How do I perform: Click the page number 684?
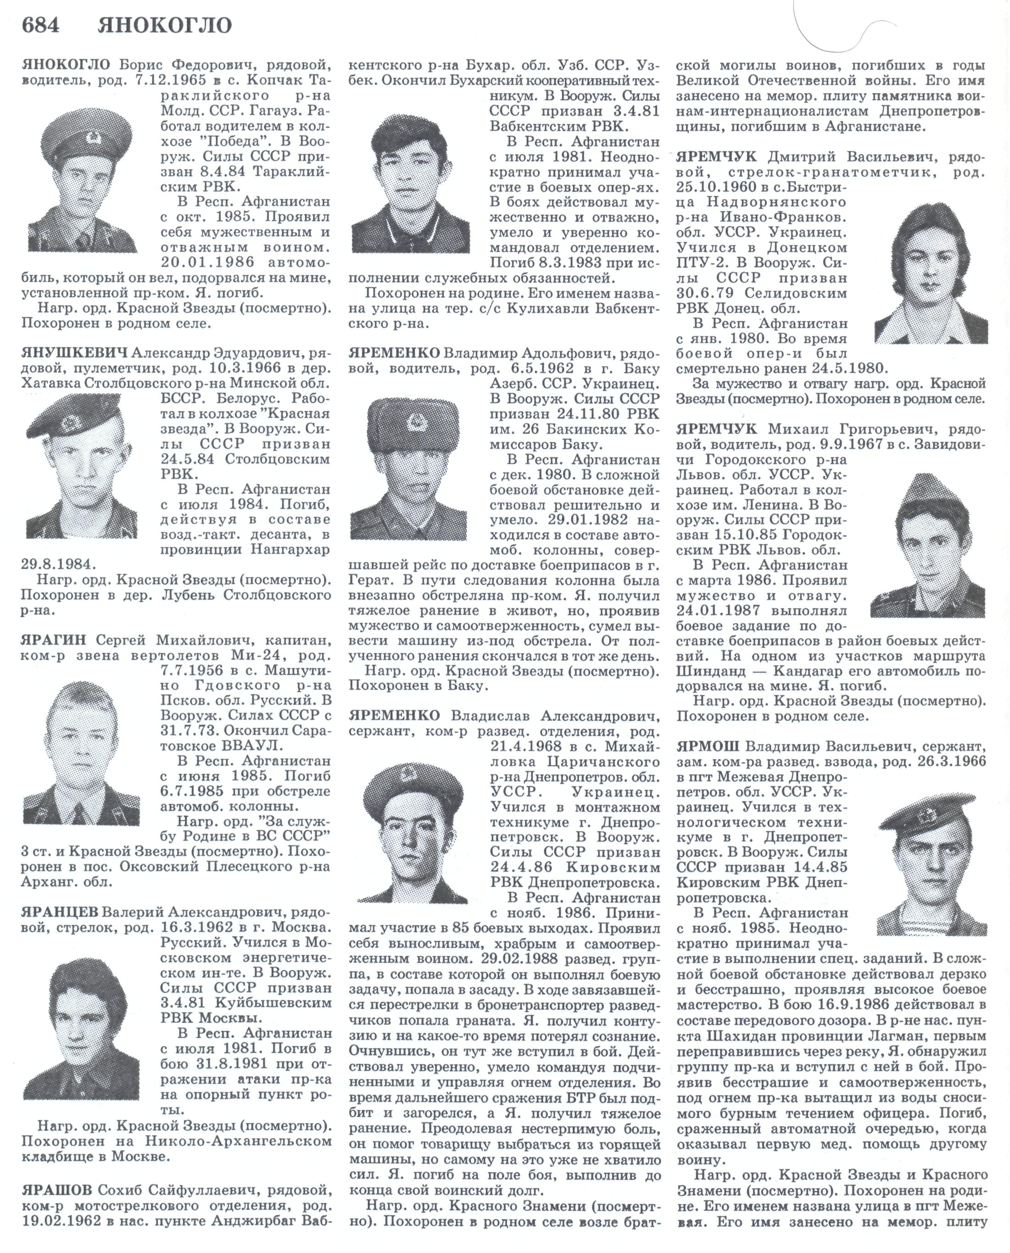(39, 26)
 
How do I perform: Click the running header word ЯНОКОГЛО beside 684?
(165, 26)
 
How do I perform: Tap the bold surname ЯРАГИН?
(54, 640)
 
